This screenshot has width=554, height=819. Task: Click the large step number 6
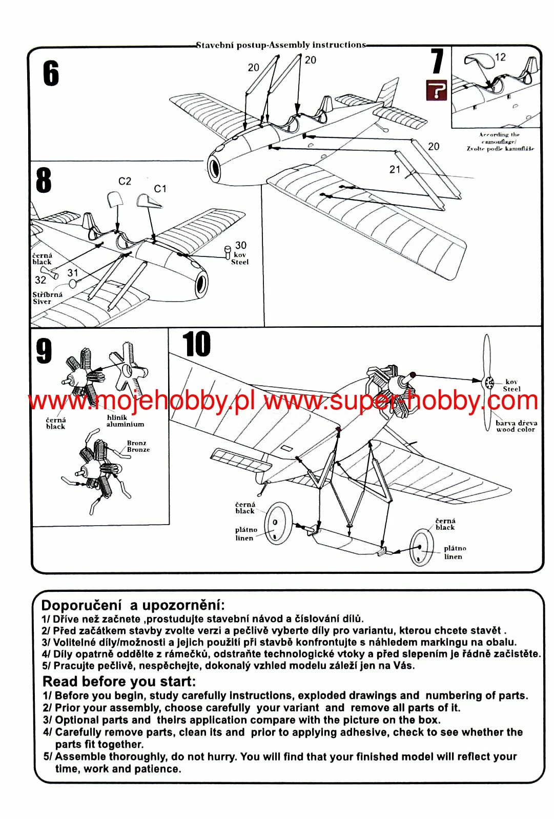pyautogui.click(x=51, y=73)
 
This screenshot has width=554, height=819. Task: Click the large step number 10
pyautogui.click(x=196, y=344)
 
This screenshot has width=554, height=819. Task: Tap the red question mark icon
pyautogui.click(x=437, y=90)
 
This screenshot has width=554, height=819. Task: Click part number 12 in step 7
pyautogui.click(x=500, y=57)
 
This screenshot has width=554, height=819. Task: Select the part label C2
pyautogui.click(x=125, y=181)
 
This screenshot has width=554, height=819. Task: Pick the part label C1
pyautogui.click(x=160, y=189)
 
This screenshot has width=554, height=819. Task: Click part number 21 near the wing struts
pyautogui.click(x=395, y=169)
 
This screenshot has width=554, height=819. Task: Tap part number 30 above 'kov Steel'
pyautogui.click(x=241, y=246)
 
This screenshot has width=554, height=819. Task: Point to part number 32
pyautogui.click(x=40, y=280)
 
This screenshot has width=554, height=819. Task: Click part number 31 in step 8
pyautogui.click(x=73, y=273)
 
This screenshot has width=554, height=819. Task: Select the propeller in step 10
pyautogui.click(x=487, y=382)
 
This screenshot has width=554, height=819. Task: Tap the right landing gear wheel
pyautogui.click(x=422, y=547)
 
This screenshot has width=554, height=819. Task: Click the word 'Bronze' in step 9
pyautogui.click(x=138, y=450)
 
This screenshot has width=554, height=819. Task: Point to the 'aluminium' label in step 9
pyautogui.click(x=125, y=425)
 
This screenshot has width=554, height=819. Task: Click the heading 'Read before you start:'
pyautogui.click(x=119, y=682)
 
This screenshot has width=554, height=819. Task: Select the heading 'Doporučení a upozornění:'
pyautogui.click(x=133, y=605)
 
